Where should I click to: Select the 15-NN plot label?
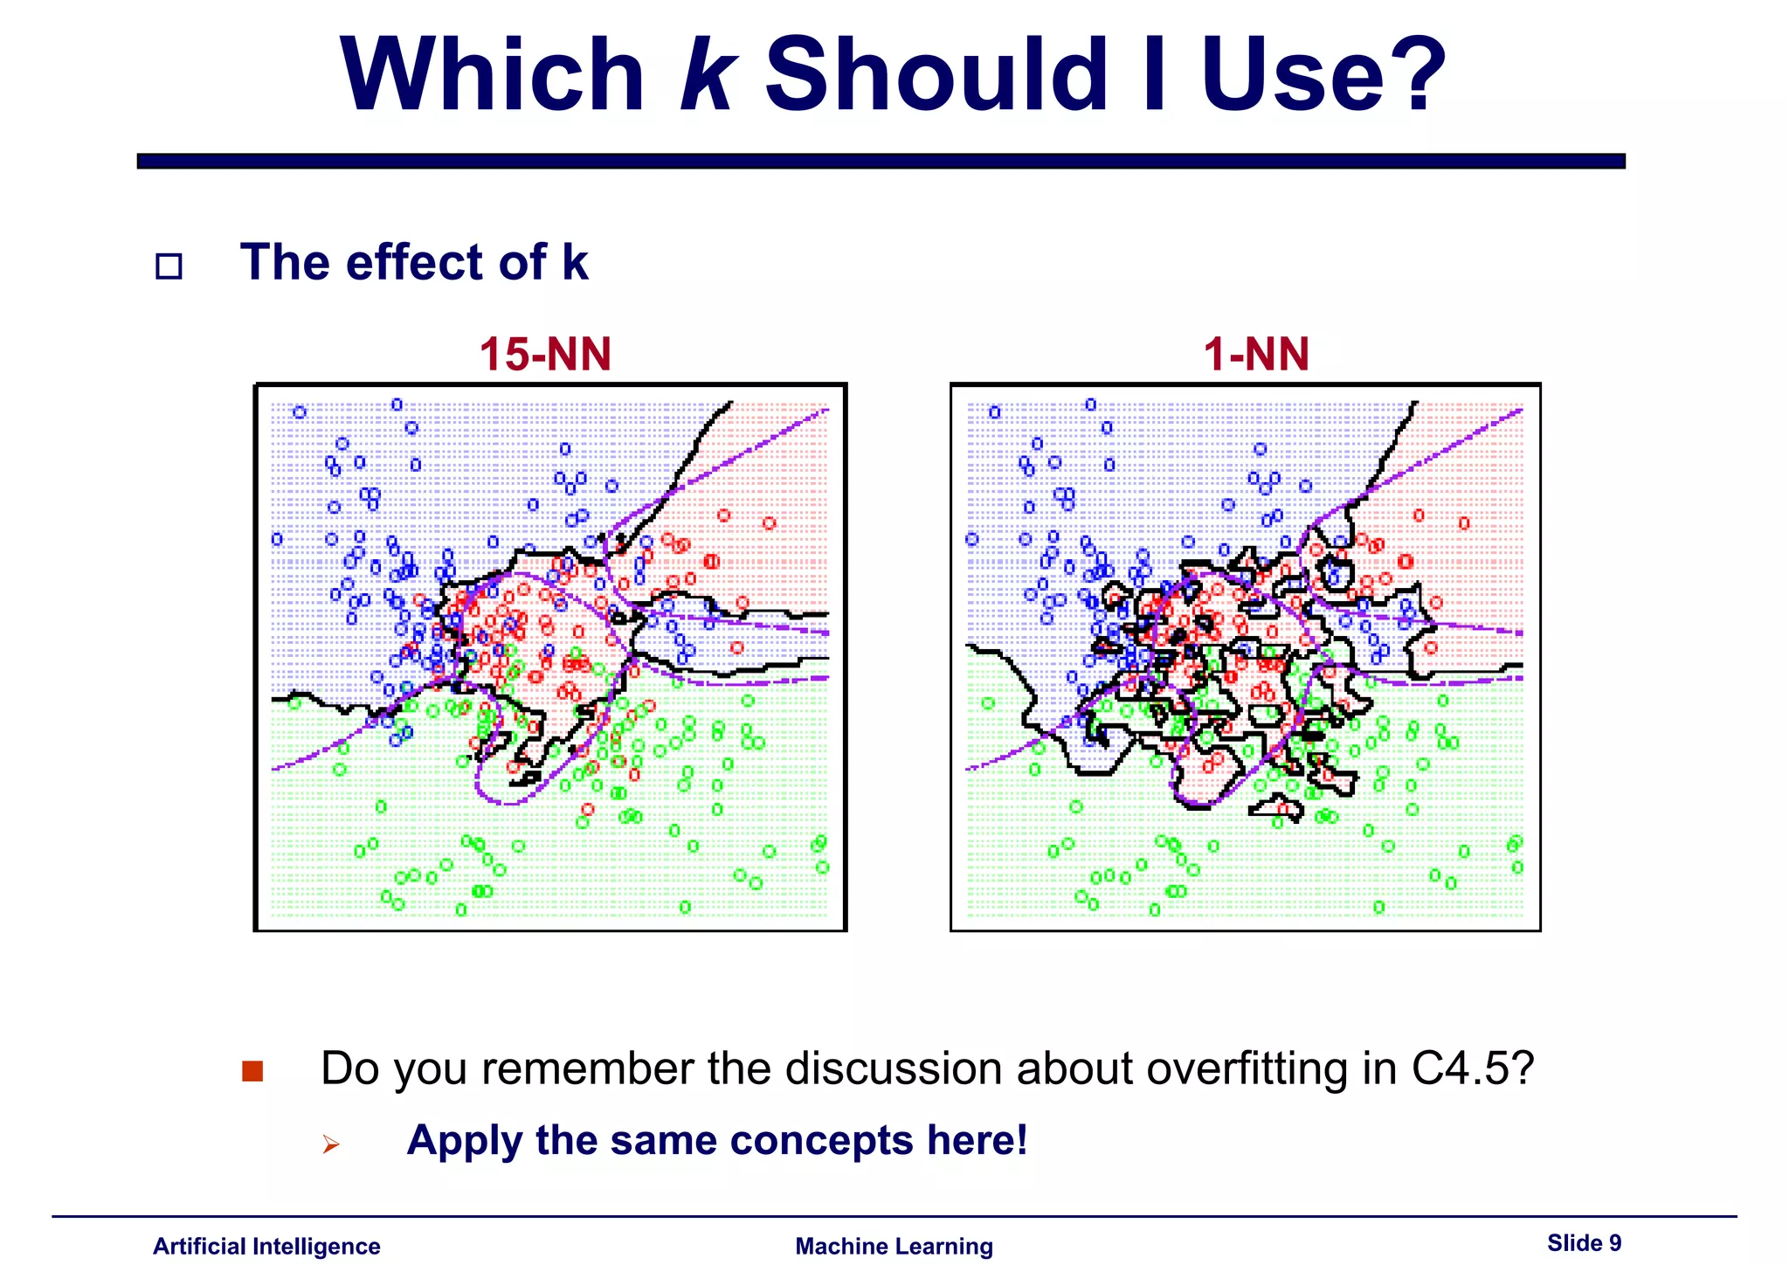pyautogui.click(x=545, y=355)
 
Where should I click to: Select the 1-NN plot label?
pyautogui.click(x=1256, y=355)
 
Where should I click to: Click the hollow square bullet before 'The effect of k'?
pyautogui.click(x=169, y=266)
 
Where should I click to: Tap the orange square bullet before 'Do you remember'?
pyautogui.click(x=252, y=1071)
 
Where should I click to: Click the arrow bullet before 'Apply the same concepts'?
pyautogui.click(x=330, y=1144)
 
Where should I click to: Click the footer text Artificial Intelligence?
pyautogui.click(x=266, y=1247)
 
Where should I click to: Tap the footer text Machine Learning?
pyautogui.click(x=894, y=1247)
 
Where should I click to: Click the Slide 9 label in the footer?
pyautogui.click(x=1584, y=1243)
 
